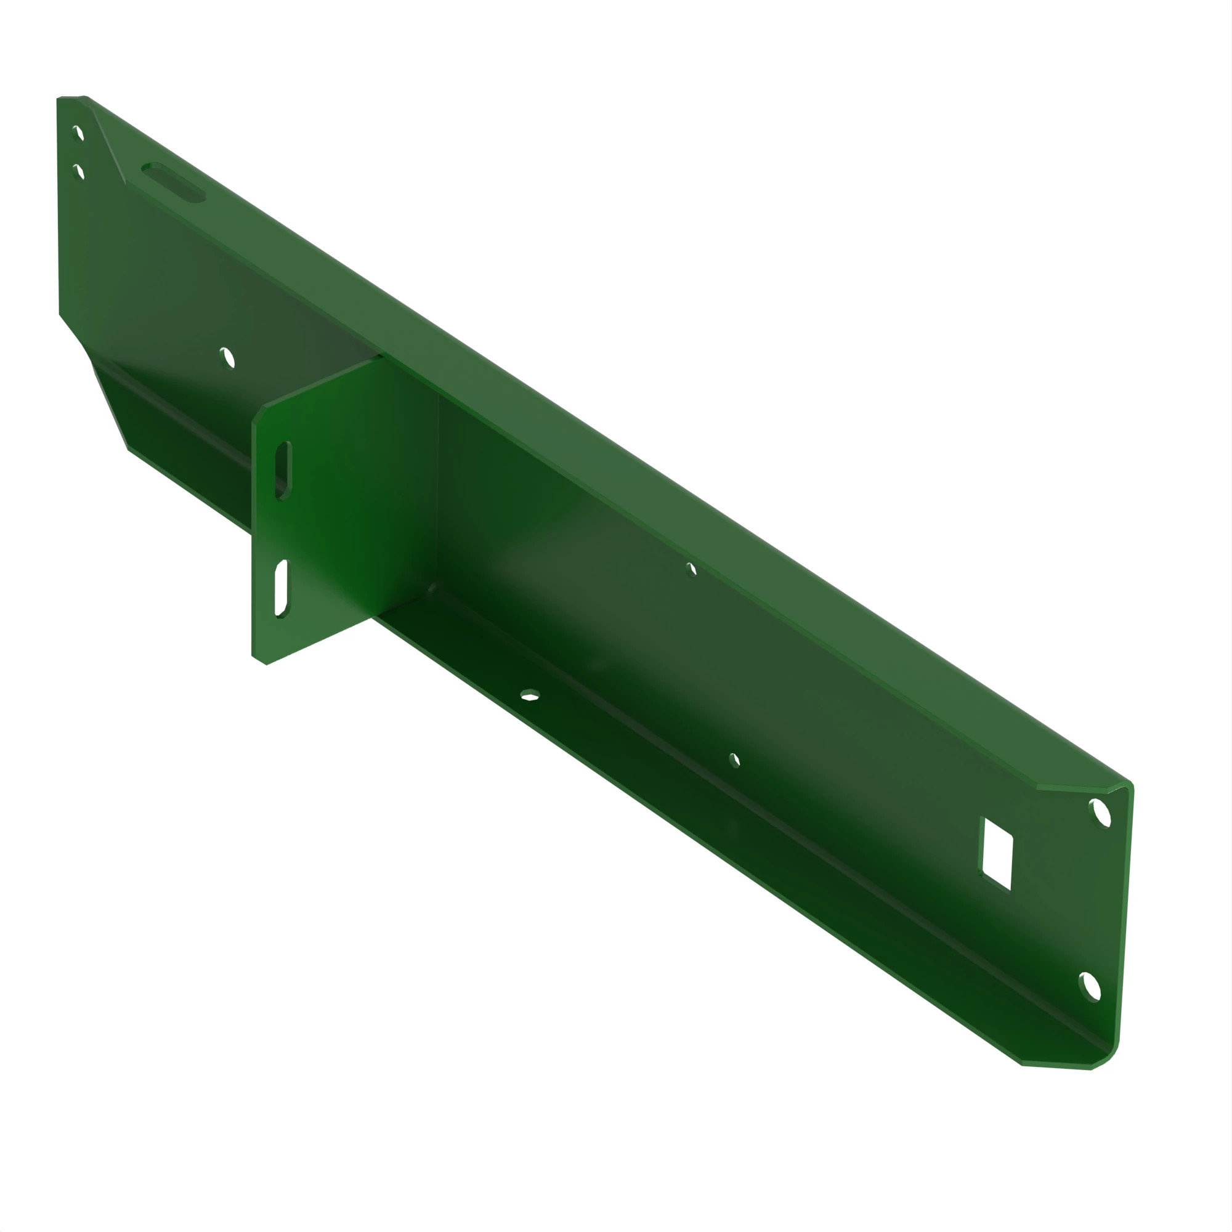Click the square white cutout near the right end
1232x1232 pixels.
pos(996,854)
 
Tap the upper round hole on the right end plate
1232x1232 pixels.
pos(1100,814)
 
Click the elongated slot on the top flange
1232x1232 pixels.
pos(174,182)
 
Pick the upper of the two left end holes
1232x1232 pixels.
pos(78,132)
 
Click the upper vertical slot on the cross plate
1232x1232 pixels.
pos(283,470)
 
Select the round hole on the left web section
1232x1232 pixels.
pos(227,358)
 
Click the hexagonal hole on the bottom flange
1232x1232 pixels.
pos(530,695)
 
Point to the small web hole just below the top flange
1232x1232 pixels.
pos(692,569)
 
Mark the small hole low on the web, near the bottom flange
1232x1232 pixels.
pos(735,760)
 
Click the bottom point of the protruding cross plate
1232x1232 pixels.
pos(266,664)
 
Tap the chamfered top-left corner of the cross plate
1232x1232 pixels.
pos(258,413)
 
